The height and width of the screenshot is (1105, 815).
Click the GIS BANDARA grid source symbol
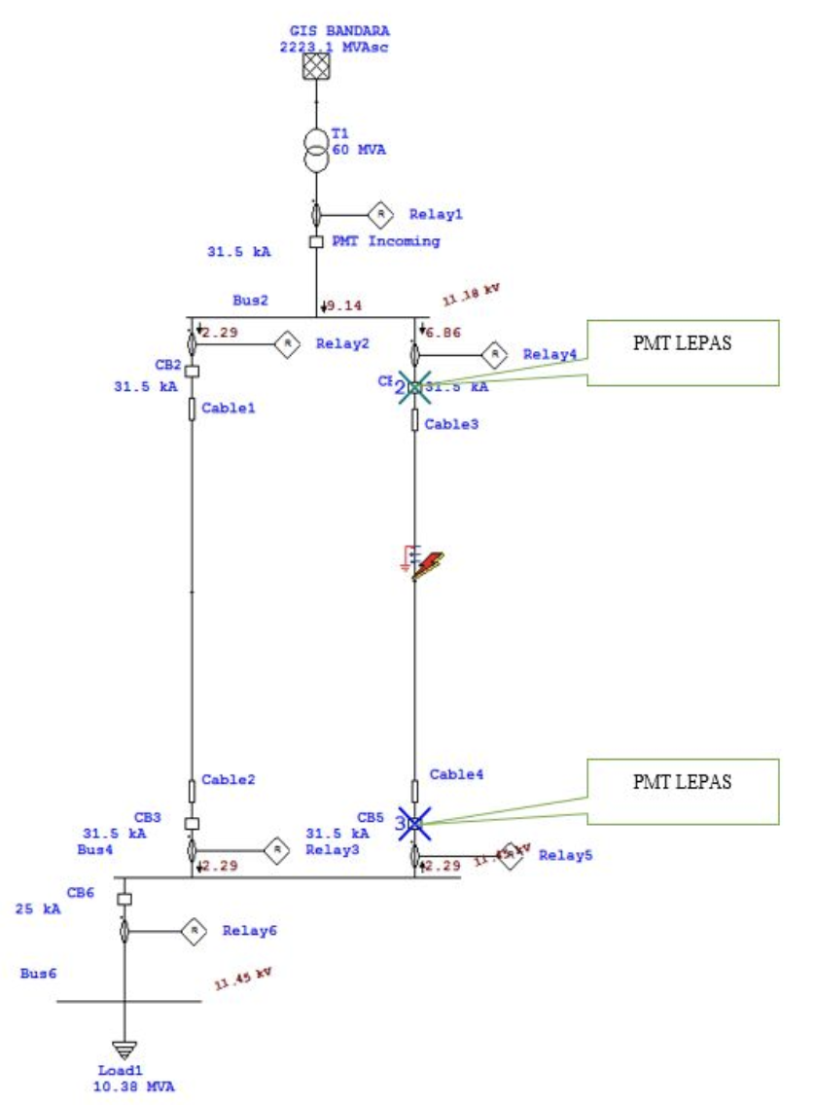[x=315, y=67]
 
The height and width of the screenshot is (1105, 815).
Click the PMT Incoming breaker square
[x=315, y=241]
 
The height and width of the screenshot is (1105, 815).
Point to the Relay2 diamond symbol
[x=287, y=343]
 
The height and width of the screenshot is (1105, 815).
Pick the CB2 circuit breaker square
[x=192, y=371]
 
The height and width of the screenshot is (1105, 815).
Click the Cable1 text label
[x=228, y=410]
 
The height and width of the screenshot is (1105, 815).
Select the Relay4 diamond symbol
[x=495, y=354]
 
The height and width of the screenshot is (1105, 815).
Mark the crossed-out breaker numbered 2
[x=414, y=387]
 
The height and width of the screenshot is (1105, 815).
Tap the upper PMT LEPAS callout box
[x=682, y=352]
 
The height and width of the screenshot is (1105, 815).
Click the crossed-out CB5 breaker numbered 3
[x=414, y=823]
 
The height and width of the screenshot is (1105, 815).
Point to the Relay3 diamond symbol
[x=277, y=850]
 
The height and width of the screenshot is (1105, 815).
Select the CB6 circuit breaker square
[x=124, y=899]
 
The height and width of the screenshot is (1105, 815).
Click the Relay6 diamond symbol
[x=195, y=931]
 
